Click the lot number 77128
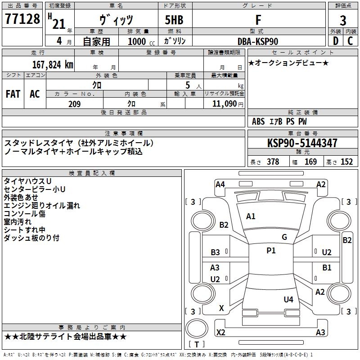coord(22,19)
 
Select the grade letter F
coord(258,20)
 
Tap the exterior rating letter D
coord(335,41)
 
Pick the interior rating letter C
coord(350,41)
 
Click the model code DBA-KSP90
coord(258,41)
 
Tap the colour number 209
coord(74,104)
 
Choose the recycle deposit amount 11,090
coord(224,104)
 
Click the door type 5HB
coord(171,20)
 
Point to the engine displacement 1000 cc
coord(141,41)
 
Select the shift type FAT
coord(13,94)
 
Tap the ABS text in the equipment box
coord(258,121)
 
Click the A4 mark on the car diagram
coord(220,184)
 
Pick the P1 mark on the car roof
coord(271,251)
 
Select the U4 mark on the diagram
coord(288,299)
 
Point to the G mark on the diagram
coord(284,237)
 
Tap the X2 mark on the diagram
coord(221,333)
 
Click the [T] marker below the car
coord(197,344)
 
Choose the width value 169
coord(311,162)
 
